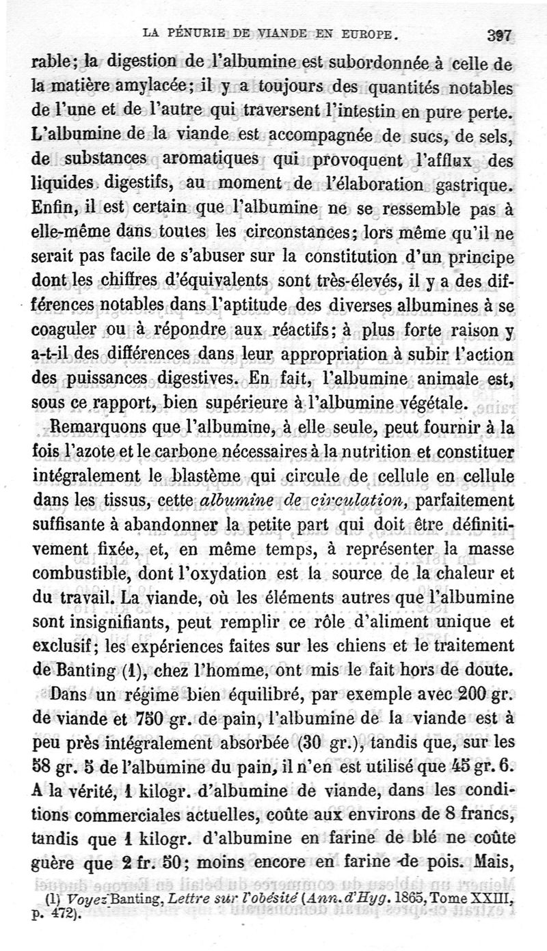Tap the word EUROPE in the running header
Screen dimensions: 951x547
pos(366,32)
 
